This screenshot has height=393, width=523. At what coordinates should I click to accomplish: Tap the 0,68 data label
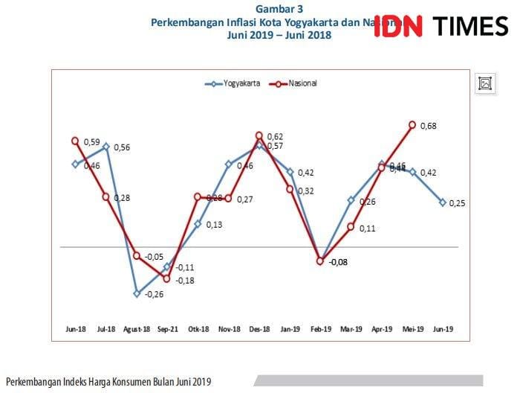pyautogui.click(x=428, y=126)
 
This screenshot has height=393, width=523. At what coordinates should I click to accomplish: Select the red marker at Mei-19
pyautogui.click(x=412, y=125)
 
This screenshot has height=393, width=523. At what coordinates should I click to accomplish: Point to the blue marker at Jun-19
pyautogui.click(x=443, y=202)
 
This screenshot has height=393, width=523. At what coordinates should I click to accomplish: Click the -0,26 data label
pyautogui.click(x=154, y=295)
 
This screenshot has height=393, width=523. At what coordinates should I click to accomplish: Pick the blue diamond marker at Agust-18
pyautogui.click(x=137, y=293)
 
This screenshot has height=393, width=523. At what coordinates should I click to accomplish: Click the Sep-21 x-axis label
pyautogui.click(x=168, y=328)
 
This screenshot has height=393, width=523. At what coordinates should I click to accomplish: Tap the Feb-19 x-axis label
pyautogui.click(x=320, y=328)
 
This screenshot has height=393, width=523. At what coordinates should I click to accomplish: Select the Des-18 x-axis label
pyautogui.click(x=259, y=328)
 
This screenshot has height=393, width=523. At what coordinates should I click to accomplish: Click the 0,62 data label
pyautogui.click(x=274, y=137)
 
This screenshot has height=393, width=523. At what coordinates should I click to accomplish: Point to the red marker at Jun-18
pyautogui.click(x=76, y=140)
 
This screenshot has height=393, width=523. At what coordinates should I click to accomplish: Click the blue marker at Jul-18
pyautogui.click(x=106, y=147)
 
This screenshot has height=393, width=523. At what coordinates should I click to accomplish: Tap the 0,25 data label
pyautogui.click(x=458, y=204)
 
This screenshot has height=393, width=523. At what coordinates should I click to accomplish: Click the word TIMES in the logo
pyautogui.click(x=470, y=27)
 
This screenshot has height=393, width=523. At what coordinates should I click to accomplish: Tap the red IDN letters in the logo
pyautogui.click(x=398, y=27)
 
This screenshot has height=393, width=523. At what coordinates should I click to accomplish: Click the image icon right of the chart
pyautogui.click(x=485, y=83)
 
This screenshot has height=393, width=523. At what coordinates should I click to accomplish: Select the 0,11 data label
pyautogui.click(x=366, y=229)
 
